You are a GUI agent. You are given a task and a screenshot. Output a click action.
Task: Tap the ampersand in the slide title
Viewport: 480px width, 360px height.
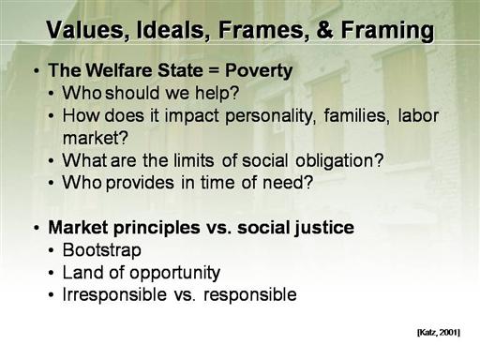[x=324, y=30]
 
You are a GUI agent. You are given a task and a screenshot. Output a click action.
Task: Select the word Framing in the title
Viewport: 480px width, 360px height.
[x=387, y=31]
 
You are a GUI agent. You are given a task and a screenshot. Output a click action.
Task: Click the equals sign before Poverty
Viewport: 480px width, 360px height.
[x=214, y=70]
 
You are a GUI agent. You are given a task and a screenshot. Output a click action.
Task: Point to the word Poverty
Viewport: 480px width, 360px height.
[x=259, y=71]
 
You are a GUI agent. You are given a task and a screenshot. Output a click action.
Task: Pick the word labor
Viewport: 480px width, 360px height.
[x=418, y=115]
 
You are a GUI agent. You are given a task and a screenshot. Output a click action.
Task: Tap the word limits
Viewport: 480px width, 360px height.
[x=193, y=160]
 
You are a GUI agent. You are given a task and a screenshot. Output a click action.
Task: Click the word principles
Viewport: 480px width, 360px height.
[x=157, y=228]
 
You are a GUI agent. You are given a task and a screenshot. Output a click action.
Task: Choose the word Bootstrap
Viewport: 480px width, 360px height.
[x=102, y=250]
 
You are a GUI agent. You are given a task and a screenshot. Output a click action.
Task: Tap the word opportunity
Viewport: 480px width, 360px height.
[x=175, y=274]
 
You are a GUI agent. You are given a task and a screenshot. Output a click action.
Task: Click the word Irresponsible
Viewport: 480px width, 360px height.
[x=114, y=295]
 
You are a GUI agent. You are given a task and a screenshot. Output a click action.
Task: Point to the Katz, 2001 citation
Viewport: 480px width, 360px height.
[x=439, y=332]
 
